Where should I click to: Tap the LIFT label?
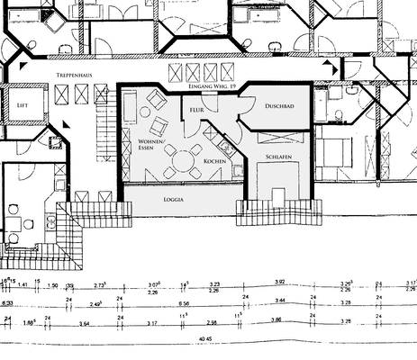(23, 105)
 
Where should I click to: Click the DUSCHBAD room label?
(279, 106)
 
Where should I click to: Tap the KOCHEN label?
(214, 160)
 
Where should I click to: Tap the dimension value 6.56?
(184, 303)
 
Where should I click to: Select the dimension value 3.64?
(84, 321)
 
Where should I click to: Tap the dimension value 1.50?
(53, 285)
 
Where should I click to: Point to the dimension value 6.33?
(7, 303)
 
